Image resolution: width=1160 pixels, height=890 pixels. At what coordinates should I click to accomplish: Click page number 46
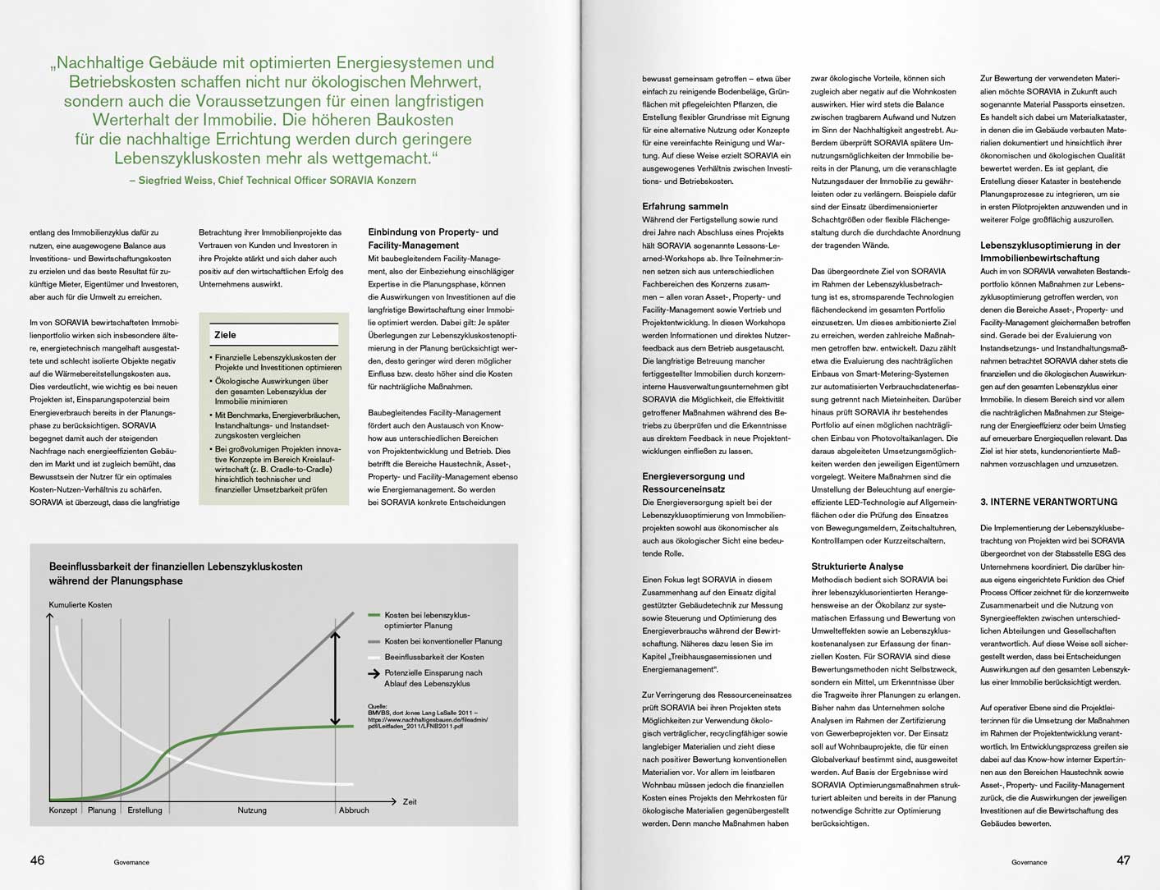click(x=37, y=860)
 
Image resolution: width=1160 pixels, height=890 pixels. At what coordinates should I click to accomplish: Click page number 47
click(x=1123, y=860)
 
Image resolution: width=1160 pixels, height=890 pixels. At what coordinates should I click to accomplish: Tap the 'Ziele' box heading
click(x=225, y=335)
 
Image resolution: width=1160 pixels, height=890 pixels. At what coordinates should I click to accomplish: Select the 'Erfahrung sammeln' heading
click(x=685, y=206)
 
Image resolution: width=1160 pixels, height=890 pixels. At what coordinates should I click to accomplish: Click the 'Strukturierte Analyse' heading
click(x=857, y=567)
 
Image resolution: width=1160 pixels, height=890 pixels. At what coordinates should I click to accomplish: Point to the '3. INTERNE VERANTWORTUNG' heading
click(x=1048, y=502)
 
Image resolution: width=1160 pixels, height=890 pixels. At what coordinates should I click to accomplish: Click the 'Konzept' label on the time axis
click(x=63, y=810)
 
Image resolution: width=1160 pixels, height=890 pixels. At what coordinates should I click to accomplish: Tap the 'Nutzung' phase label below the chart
click(x=252, y=810)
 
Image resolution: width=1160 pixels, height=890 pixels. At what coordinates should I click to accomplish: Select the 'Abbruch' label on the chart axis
click(x=354, y=810)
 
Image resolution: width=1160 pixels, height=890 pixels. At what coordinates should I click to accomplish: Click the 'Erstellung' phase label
click(x=144, y=810)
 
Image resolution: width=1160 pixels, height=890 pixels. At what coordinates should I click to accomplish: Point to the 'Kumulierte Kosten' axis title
click(x=80, y=605)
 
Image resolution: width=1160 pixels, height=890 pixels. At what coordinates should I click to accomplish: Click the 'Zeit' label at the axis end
click(x=410, y=801)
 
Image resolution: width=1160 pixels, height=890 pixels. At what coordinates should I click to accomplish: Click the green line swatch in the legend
click(x=374, y=615)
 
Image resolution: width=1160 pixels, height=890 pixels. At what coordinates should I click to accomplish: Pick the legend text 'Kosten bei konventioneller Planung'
click(x=442, y=641)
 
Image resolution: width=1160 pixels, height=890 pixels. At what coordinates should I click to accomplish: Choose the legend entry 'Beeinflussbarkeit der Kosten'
click(x=433, y=657)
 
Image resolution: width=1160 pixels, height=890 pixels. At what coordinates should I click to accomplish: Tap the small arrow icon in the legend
click(x=374, y=673)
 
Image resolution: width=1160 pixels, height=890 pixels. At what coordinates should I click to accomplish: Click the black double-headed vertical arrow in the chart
click(x=335, y=677)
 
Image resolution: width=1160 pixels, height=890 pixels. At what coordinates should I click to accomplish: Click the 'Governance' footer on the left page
click(x=131, y=862)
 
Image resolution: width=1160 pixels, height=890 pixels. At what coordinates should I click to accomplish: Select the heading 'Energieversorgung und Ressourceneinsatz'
click(x=693, y=483)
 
